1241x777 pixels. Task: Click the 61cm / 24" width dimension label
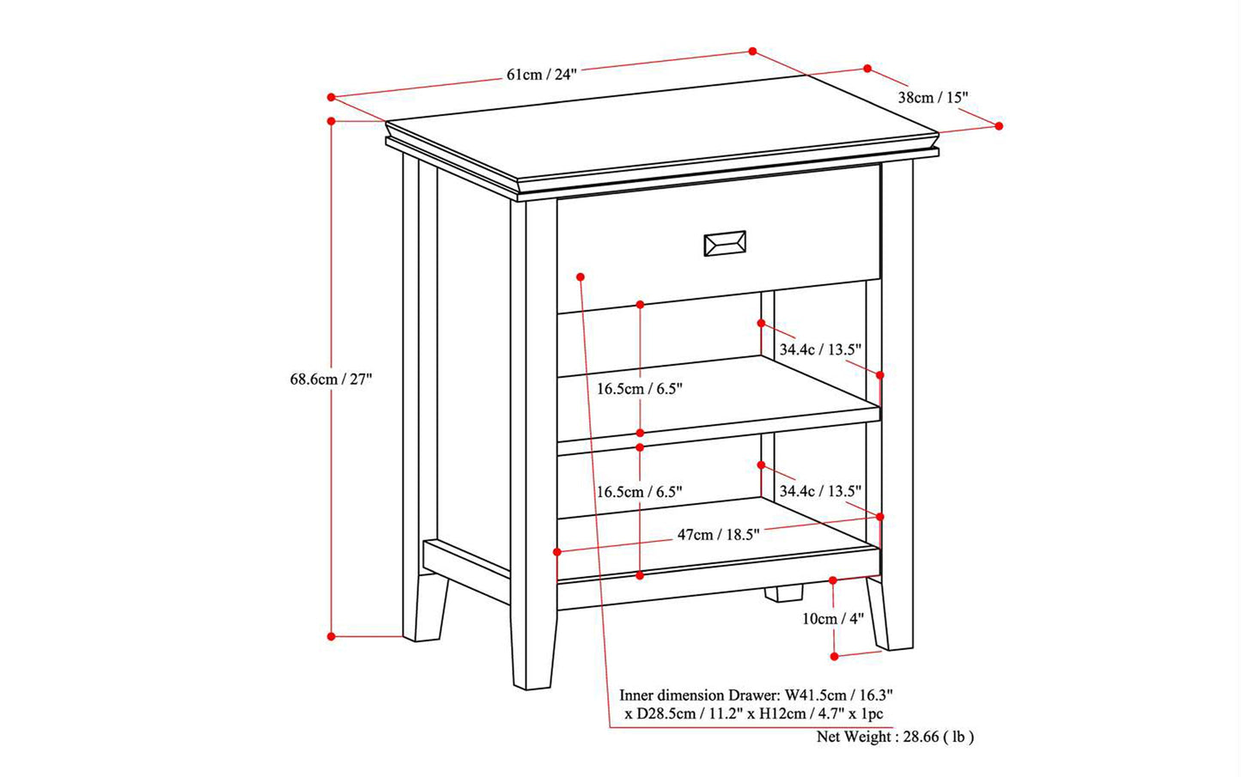(541, 74)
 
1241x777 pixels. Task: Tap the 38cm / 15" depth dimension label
(933, 98)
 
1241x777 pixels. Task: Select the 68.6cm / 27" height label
(331, 379)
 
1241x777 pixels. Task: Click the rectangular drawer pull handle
(725, 244)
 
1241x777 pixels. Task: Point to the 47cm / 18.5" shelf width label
(718, 534)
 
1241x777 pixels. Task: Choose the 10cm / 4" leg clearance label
(833, 619)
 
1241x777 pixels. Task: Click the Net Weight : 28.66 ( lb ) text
(895, 737)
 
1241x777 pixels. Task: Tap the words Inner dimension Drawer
(700, 695)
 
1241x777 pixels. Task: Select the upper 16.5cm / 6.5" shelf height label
(639, 389)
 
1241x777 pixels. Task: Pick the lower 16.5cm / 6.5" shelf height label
(639, 492)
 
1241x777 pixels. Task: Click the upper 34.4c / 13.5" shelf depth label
(820, 349)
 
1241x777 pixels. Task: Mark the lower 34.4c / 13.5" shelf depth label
(820, 491)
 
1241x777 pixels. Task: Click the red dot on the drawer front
(580, 276)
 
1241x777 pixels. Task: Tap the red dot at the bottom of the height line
(332, 636)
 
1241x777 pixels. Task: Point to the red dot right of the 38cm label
(999, 126)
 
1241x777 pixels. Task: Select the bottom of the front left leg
(532, 687)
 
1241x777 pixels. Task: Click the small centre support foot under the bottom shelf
(783, 593)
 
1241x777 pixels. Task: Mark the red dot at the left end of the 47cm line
(557, 552)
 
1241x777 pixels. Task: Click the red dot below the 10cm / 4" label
(835, 657)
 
